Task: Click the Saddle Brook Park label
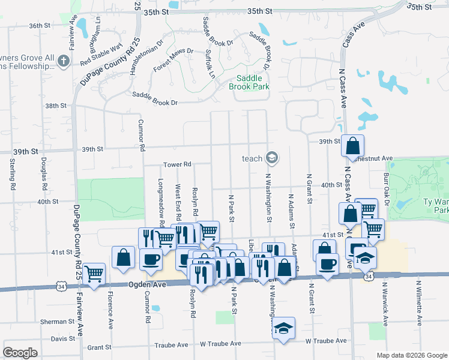coord(249,82)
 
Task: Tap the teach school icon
coord(272,158)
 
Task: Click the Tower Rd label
coord(178,164)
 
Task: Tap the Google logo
coord(20,352)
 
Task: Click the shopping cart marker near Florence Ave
coord(94,274)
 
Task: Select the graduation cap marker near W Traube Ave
coord(284,328)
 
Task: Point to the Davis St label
coord(62,338)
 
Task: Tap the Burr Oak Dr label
coord(387,190)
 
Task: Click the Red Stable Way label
coord(101,53)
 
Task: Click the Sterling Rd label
coord(12,174)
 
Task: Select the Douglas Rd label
coord(44,173)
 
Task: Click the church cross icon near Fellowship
coord(64,61)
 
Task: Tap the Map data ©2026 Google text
coord(412,355)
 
